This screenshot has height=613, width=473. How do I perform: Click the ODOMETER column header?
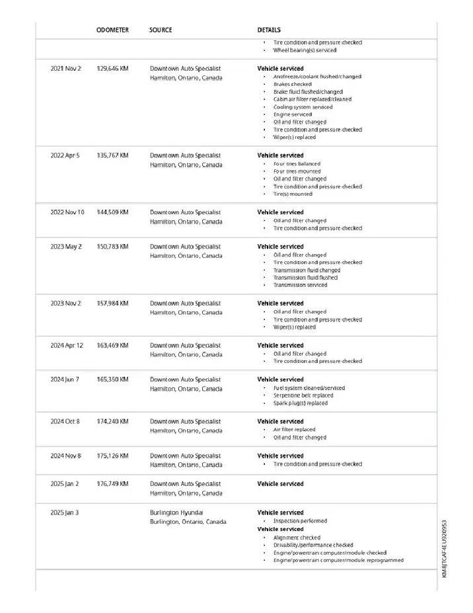pyautogui.click(x=112, y=30)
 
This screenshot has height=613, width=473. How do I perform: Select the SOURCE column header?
pyautogui.click(x=161, y=30)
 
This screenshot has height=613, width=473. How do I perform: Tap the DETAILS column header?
pyautogui.click(x=269, y=30)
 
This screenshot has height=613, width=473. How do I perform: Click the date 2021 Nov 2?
pyautogui.click(x=66, y=69)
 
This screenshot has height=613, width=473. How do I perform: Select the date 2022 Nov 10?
pyautogui.click(x=67, y=212)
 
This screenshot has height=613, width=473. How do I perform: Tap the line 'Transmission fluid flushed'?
pyautogui.click(x=305, y=278)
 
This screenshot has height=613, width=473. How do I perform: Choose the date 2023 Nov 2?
pyautogui.click(x=66, y=304)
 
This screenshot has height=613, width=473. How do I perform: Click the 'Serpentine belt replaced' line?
pyautogui.click(x=303, y=395)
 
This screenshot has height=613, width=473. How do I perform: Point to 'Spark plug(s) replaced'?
pyautogui.click(x=300, y=403)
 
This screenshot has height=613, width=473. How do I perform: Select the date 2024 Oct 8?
pyautogui.click(x=65, y=421)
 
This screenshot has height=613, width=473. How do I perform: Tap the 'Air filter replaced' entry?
pyautogui.click(x=294, y=430)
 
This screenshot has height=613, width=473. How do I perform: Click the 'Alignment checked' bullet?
pyautogui.click(x=297, y=538)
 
